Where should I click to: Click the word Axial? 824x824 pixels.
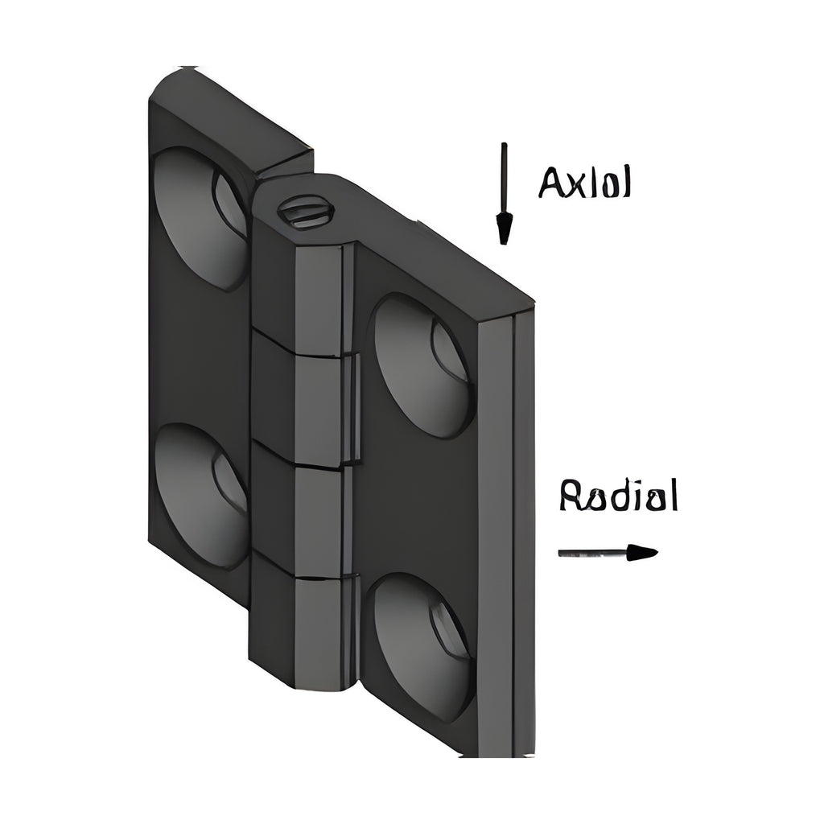point(584,183)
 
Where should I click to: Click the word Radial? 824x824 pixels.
point(619,495)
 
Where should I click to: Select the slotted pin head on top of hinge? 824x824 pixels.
point(307,212)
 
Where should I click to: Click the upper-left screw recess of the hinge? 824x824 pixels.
point(200,217)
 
